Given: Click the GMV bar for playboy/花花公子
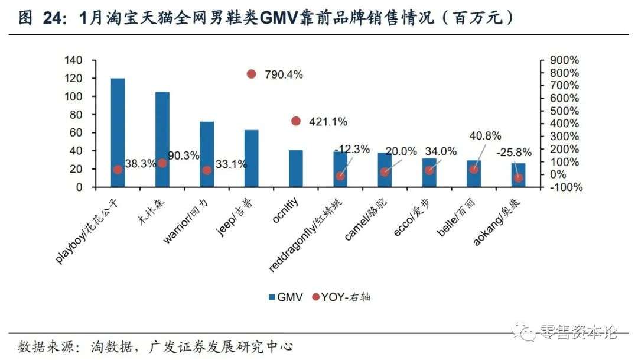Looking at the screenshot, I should coord(118,132).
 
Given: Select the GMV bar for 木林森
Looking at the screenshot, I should coord(162,140).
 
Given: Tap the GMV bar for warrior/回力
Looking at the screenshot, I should coord(207,154).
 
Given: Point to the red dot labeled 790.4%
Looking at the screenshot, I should coord(251,74).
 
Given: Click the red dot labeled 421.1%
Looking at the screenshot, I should coord(296,121).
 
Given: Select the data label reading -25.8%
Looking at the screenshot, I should coord(514,152).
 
